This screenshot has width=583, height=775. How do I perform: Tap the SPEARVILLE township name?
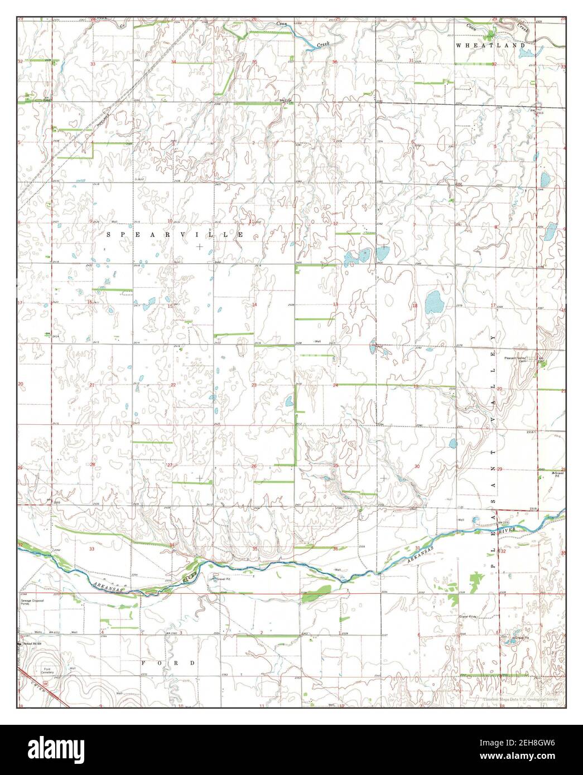tap(175, 235)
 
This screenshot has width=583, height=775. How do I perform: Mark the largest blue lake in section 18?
tap(433, 303)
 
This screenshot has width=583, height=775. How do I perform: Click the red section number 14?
tap(254, 304)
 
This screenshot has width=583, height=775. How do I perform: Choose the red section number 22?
tap(173, 385)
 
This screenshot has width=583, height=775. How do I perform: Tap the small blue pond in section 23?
tap(288, 401)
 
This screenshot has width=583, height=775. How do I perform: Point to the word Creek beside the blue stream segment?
tap(324, 43)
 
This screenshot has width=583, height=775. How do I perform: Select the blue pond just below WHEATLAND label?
tap(526, 54)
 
